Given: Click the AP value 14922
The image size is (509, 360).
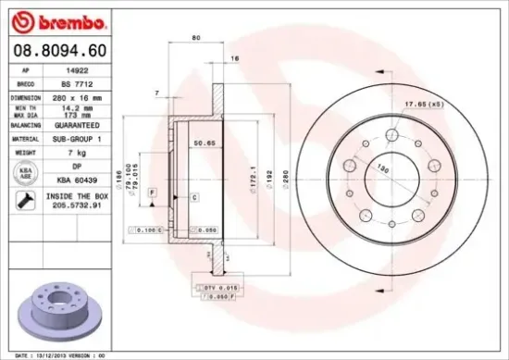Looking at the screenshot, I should tap(81, 70).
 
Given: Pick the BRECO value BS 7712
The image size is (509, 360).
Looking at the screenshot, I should tap(81, 83).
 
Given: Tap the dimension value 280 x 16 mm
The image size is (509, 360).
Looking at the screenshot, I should tap(81, 96).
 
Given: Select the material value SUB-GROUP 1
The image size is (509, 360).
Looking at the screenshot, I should tap(81, 136).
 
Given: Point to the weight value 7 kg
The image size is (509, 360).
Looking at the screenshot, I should tap(81, 150).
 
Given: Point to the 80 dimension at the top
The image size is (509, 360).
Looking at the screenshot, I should tap(195, 38).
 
